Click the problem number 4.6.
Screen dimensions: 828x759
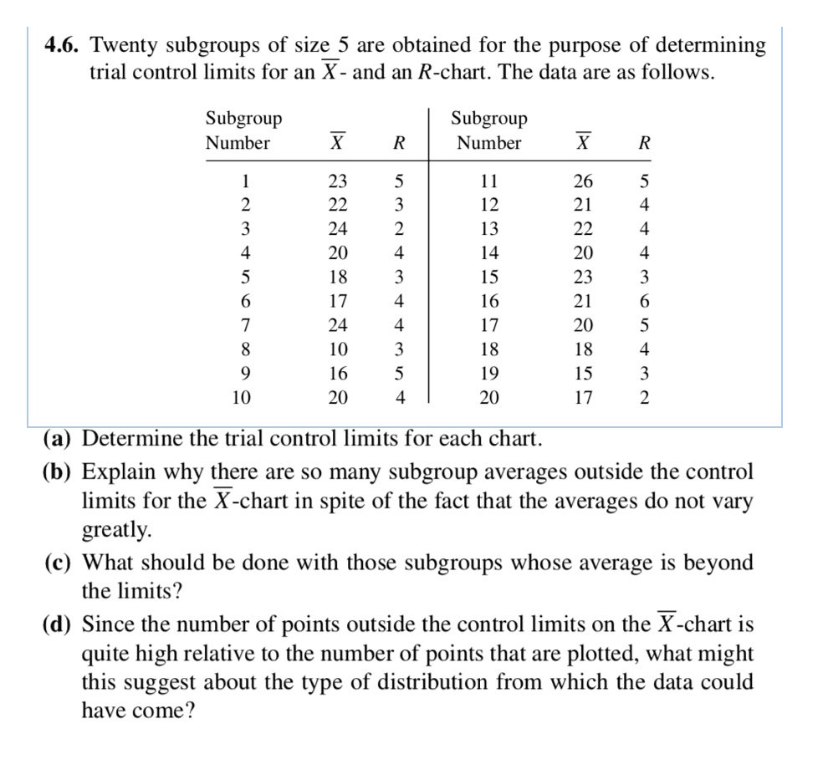point(65,45)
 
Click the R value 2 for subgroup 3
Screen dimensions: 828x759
point(400,229)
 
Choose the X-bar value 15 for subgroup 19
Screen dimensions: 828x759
point(583,373)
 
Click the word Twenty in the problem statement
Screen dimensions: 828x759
point(140,45)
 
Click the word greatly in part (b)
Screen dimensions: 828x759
point(117,530)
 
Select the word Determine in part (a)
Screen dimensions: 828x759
point(130,438)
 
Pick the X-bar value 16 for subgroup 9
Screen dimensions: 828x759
point(338,373)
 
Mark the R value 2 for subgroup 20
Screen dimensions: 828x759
point(643,398)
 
